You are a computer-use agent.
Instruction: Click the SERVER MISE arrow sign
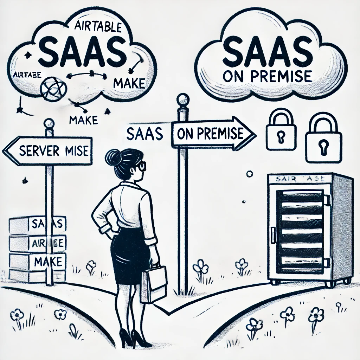49,151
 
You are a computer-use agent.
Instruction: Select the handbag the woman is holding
153,283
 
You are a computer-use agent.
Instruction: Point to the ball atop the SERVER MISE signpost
49,123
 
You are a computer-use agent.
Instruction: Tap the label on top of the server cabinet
300,179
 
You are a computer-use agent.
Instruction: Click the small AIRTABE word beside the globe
27,75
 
